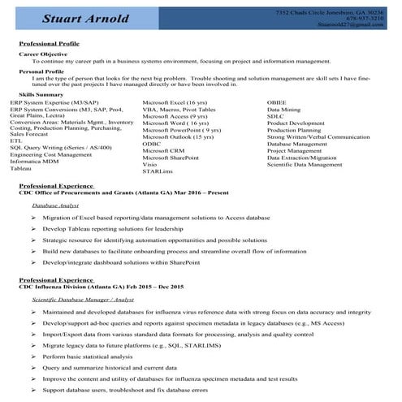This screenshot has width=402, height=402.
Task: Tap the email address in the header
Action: [350, 25]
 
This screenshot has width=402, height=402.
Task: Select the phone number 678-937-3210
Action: [365, 19]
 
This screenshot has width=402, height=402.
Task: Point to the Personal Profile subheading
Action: [41, 71]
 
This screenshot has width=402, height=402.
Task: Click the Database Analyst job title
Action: [56, 206]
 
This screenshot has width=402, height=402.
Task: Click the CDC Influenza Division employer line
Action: [102, 287]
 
